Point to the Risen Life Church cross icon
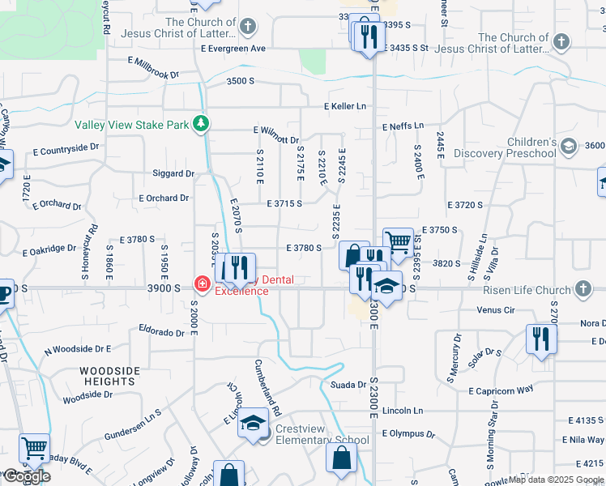coord(583,288)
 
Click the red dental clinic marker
coord(201,284)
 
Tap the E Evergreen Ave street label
coord(233,49)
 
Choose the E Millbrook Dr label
coord(152,67)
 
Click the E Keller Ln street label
coord(344,106)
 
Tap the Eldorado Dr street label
coord(162,331)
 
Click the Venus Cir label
coord(496,309)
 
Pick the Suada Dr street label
coord(349,385)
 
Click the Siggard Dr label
coord(173,173)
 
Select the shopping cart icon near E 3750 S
coord(397,241)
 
